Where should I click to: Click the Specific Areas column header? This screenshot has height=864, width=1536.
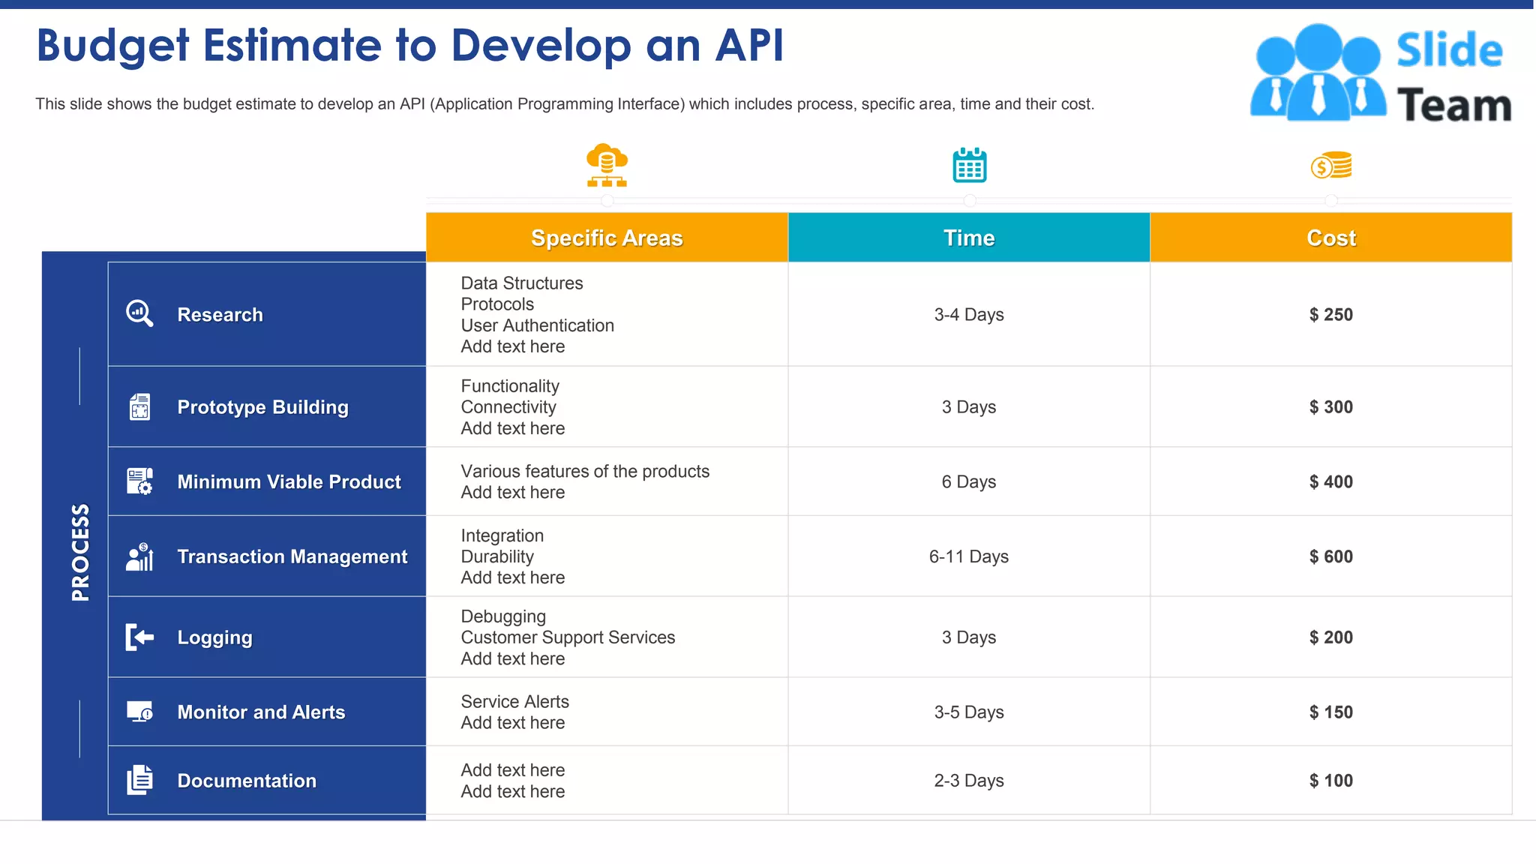[607, 238]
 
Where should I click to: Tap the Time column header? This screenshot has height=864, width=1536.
[968, 238]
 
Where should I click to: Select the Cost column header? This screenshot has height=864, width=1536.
[1330, 238]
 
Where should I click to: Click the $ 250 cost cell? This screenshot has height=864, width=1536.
[1330, 315]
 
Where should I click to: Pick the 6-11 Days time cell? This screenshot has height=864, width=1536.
[968, 556]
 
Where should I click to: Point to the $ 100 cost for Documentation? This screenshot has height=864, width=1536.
[1330, 781]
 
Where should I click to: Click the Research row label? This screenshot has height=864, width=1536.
[220, 315]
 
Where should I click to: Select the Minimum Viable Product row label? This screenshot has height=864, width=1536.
[289, 482]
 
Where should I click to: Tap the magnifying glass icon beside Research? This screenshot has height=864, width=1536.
[139, 313]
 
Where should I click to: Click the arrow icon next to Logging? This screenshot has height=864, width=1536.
[139, 637]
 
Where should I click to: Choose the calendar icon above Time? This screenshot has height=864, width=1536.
[969, 165]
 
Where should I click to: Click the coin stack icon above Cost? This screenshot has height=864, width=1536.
[1331, 166]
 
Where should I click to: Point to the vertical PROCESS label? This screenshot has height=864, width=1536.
[80, 552]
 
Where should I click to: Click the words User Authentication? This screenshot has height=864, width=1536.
[537, 325]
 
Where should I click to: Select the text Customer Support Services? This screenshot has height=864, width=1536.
[568, 637]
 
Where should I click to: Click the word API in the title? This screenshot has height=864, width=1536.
[749, 45]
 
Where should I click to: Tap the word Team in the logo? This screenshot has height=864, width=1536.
[1453, 105]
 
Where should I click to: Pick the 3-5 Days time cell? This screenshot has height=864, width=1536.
[968, 712]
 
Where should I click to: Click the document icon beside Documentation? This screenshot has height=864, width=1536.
[139, 780]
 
